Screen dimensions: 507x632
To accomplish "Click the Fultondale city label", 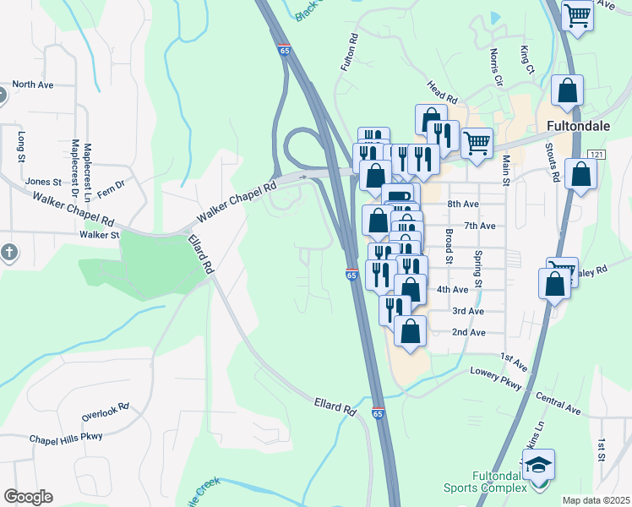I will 585,124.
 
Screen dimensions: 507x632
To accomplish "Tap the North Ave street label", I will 33,84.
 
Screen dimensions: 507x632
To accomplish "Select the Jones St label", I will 44,181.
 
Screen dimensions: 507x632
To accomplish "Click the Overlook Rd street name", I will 105,412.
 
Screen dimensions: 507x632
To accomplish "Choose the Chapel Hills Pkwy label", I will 65,438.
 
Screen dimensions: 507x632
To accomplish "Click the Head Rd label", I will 442,90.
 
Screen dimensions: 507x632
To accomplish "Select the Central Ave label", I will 558,404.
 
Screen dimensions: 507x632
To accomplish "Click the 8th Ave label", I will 464,204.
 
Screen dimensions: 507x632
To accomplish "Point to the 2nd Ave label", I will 468,332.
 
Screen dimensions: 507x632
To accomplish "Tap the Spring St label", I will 477,269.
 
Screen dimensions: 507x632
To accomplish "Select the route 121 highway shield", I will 597,154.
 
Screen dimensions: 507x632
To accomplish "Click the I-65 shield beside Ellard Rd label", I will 377,412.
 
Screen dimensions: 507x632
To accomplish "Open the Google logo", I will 28,497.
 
